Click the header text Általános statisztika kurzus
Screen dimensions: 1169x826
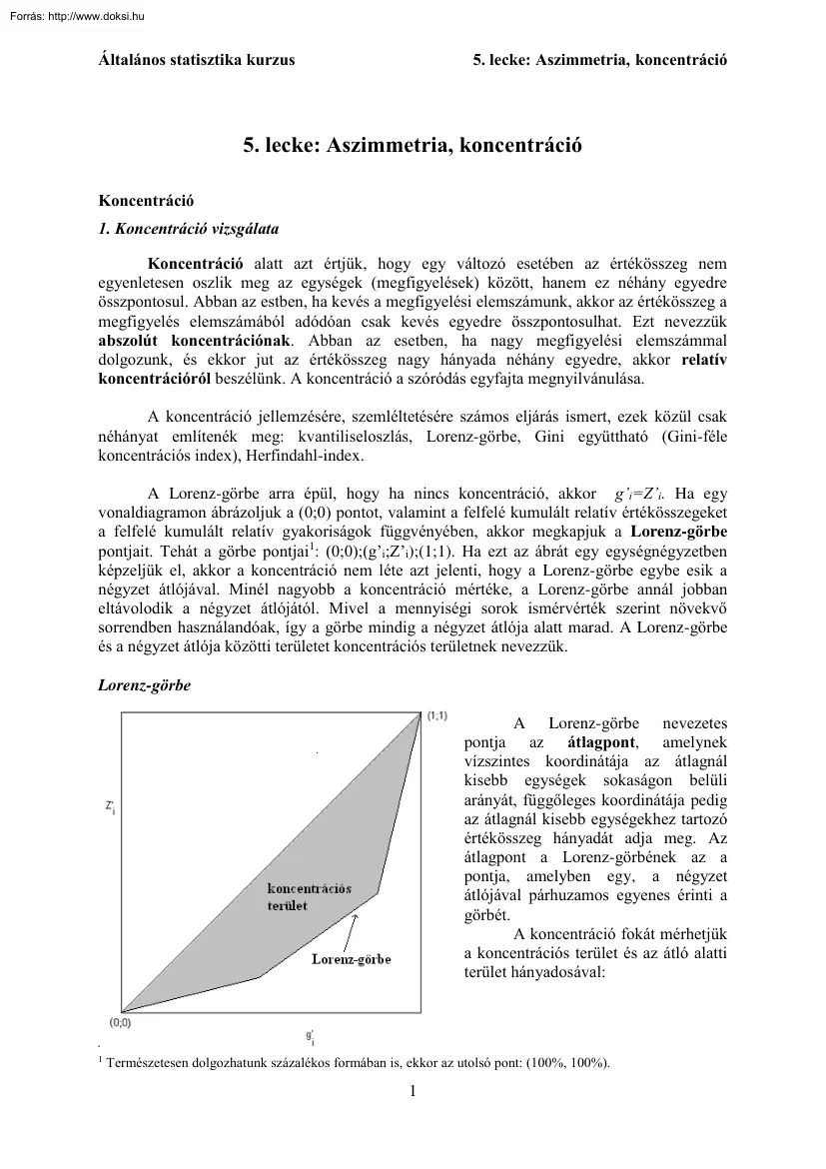pos(197,60)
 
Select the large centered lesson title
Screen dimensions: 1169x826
pos(413,146)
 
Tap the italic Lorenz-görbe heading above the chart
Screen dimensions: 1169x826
pos(143,686)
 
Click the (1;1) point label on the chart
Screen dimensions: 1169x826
pos(437,715)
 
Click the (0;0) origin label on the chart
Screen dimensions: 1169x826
pos(120,1023)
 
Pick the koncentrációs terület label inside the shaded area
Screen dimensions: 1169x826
pos(309,896)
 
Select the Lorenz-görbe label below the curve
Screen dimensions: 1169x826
pos(351,959)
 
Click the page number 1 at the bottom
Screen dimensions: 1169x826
pos(413,1090)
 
